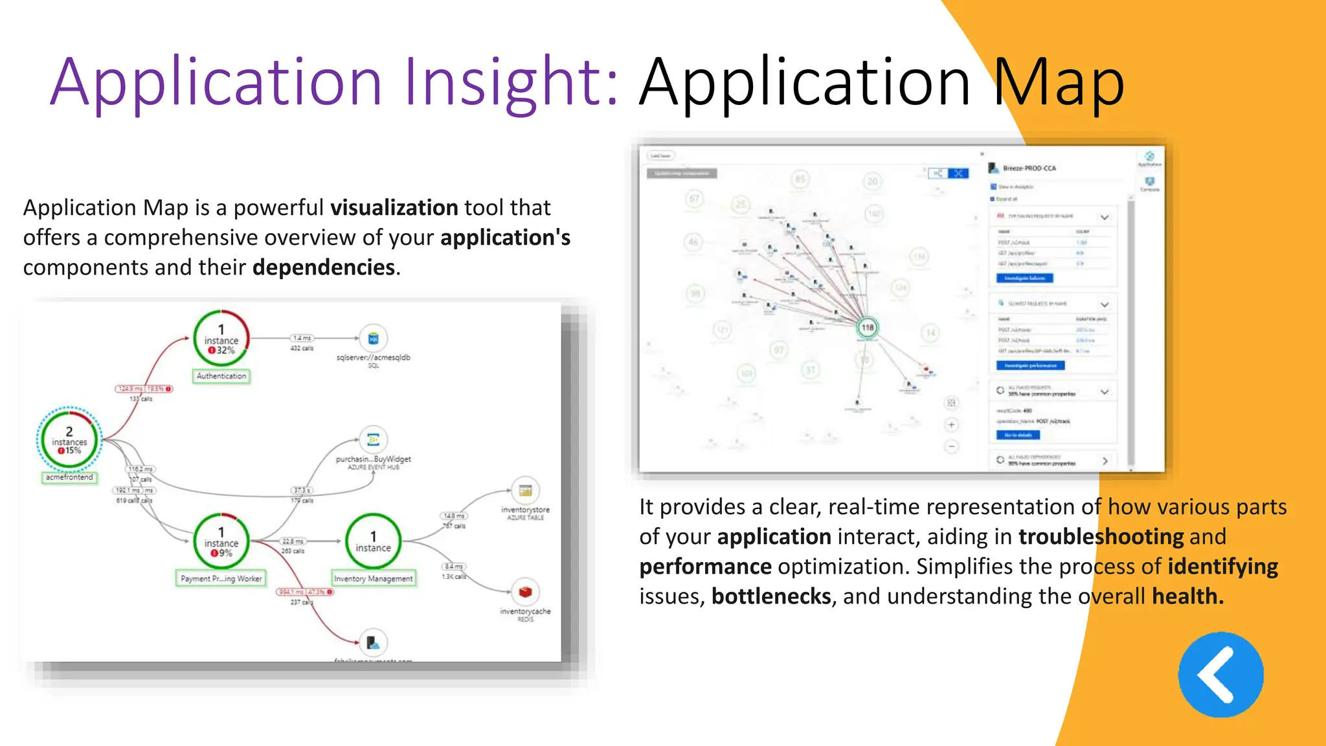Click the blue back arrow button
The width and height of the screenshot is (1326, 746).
tap(1220, 675)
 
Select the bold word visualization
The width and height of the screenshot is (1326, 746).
tap(394, 208)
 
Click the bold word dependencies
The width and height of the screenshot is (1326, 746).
tap(324, 267)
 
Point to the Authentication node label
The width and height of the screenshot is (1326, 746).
tap(221, 376)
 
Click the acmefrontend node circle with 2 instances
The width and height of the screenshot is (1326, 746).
tap(69, 440)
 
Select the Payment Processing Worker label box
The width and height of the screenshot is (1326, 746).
tap(221, 579)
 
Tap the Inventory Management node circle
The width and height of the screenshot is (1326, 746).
tap(373, 541)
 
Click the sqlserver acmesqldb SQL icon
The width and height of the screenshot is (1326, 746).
tap(373, 339)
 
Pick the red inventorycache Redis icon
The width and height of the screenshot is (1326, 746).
tap(525, 592)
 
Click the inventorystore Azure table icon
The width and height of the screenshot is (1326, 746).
tap(525, 490)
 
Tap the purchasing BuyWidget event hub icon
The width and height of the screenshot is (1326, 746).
tap(373, 440)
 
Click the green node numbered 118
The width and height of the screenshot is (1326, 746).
tap(868, 328)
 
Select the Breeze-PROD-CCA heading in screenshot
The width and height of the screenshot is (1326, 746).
tap(1029, 168)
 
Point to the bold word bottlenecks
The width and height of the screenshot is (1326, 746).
tap(771, 596)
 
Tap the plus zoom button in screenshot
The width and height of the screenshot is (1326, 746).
tap(951, 425)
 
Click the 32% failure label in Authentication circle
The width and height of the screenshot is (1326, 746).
tap(221, 350)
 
